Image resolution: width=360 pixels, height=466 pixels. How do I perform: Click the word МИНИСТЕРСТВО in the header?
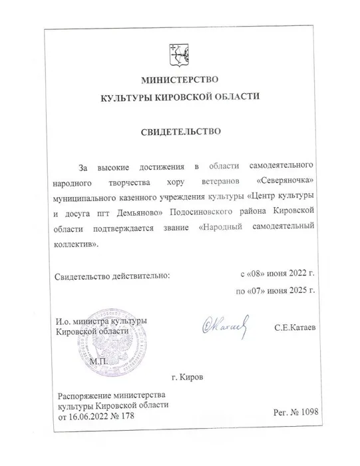pyautogui.click(x=180, y=82)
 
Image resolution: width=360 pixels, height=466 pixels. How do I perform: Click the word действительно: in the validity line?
pyautogui.click(x=139, y=274)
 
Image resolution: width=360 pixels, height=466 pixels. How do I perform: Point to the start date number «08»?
pyautogui.click(x=257, y=274)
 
